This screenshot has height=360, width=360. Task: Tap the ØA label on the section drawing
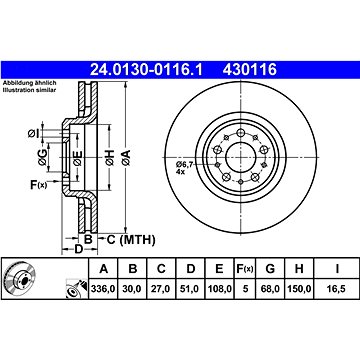click(128, 155)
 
